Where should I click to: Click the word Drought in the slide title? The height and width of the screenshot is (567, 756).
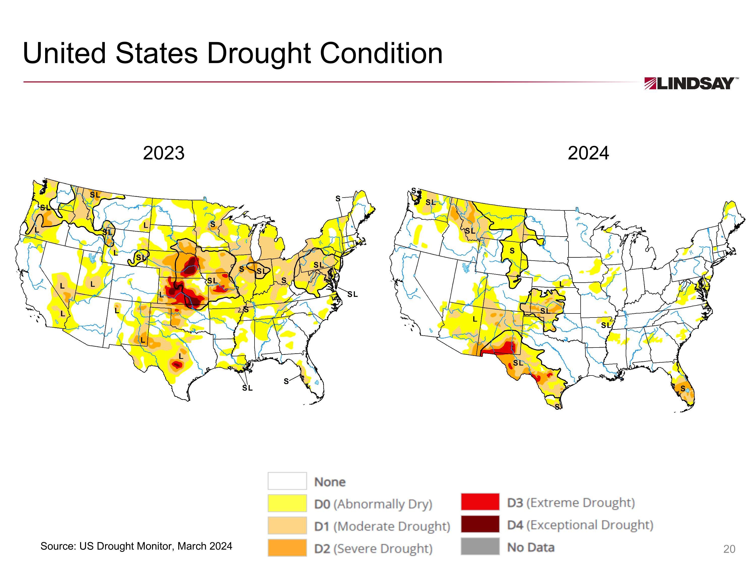[x=259, y=54]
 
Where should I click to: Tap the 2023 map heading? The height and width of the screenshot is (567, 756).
[x=164, y=153]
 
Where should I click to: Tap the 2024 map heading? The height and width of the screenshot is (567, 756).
[x=588, y=153]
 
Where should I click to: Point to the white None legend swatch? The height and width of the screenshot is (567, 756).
[x=287, y=481]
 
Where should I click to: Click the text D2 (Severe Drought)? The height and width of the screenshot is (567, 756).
[x=373, y=549]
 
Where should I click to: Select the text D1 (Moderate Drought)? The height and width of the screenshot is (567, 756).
[x=382, y=526]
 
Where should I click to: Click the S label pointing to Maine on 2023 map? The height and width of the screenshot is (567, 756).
[x=338, y=199]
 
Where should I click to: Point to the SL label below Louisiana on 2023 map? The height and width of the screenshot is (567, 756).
[x=247, y=388]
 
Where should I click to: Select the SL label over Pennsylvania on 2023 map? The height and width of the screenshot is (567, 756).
[x=319, y=265]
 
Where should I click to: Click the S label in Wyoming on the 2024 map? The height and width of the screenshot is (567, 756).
[x=512, y=251]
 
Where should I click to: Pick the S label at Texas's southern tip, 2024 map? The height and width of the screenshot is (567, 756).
[x=557, y=407]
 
